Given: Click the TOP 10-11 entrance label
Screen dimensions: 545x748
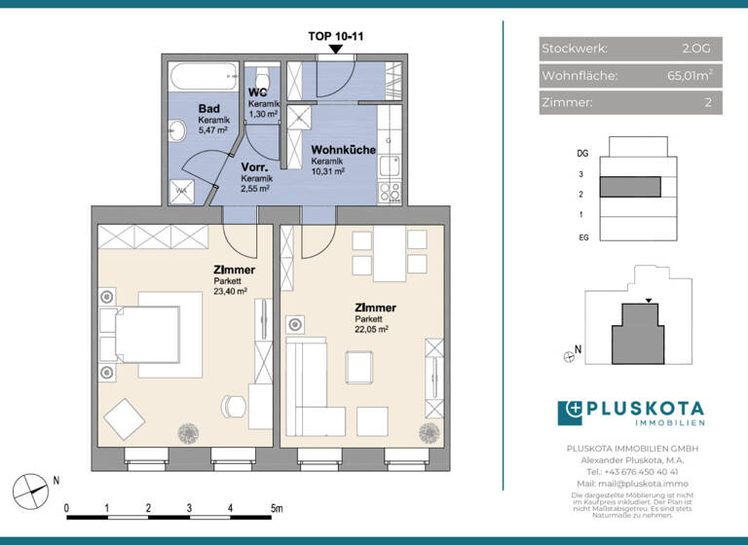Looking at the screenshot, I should click(336, 36).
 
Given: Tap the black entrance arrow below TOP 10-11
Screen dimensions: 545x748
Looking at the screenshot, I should click(336, 49).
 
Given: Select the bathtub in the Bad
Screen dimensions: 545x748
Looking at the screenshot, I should click(204, 76).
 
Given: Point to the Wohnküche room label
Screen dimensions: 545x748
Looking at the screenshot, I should click(340, 152).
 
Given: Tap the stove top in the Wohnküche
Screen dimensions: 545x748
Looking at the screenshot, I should click(390, 191).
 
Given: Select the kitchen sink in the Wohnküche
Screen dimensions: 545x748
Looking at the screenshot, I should click(390, 163).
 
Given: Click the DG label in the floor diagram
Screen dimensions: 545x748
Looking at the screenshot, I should click(581, 153).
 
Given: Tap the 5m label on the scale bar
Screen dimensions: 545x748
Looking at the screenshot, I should click(277, 508).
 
